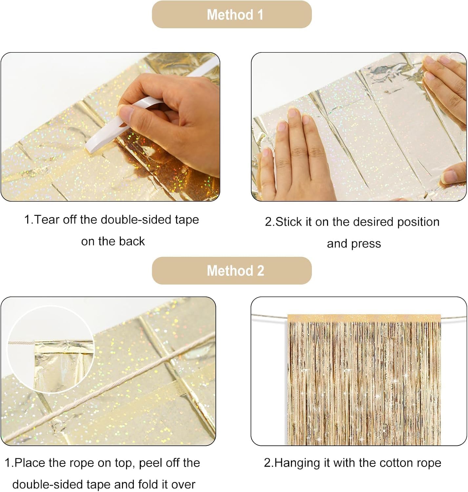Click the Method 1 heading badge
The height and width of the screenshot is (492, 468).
232,14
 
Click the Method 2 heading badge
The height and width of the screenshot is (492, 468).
232,271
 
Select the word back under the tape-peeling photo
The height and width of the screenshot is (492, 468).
132,241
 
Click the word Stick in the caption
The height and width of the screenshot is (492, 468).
289,222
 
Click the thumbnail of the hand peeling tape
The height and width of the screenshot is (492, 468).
111,127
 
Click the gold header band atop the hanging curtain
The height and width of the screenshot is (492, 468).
364,318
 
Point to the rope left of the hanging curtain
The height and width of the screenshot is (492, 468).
269,316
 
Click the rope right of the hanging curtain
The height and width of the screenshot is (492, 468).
454,317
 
